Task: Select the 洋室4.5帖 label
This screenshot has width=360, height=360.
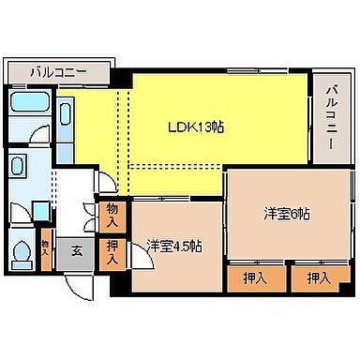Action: tap(174, 247)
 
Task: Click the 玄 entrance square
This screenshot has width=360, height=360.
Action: tap(74, 251)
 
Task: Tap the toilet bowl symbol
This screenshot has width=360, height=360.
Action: tap(22, 250)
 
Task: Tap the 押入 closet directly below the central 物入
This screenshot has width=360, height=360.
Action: tap(112, 251)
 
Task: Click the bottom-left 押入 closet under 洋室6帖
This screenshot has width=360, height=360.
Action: tap(250, 277)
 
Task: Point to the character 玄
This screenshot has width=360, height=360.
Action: tap(74, 251)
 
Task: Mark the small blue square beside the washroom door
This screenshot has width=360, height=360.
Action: tap(40, 206)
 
